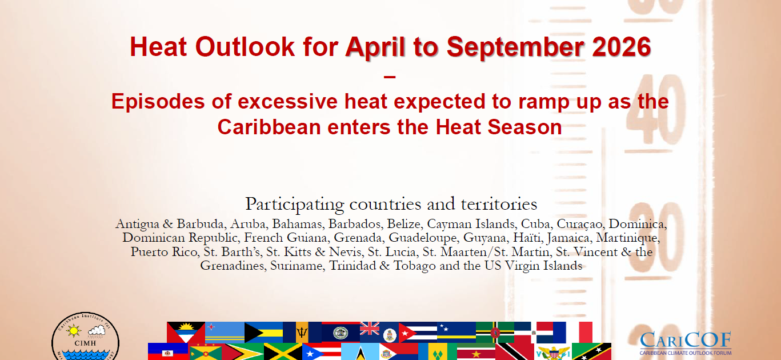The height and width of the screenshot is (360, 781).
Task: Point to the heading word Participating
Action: pyautogui.click(x=295, y=205)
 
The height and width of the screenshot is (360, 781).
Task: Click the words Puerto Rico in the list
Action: pyautogui.click(x=164, y=252)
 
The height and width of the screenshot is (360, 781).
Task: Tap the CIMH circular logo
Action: pyautogui.click(x=86, y=336)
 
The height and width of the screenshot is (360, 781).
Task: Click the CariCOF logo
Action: pyautogui.click(x=686, y=343)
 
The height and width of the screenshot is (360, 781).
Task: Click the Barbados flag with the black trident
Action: pyautogui.click(x=302, y=332)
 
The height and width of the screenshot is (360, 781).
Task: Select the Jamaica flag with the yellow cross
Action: pyautogui.click(x=283, y=351)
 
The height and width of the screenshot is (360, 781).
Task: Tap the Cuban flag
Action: pyautogui.click(x=418, y=332)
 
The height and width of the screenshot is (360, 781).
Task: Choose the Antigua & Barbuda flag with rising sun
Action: pyautogui.click(x=186, y=332)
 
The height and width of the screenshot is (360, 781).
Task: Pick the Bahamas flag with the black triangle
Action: pyautogui.click(x=263, y=332)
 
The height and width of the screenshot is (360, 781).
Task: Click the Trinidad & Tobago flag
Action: pyautogui.click(x=514, y=351)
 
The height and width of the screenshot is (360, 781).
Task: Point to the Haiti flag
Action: pyautogui.click(x=168, y=351)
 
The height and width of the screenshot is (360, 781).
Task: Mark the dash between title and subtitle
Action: pyautogui.click(x=390, y=77)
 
